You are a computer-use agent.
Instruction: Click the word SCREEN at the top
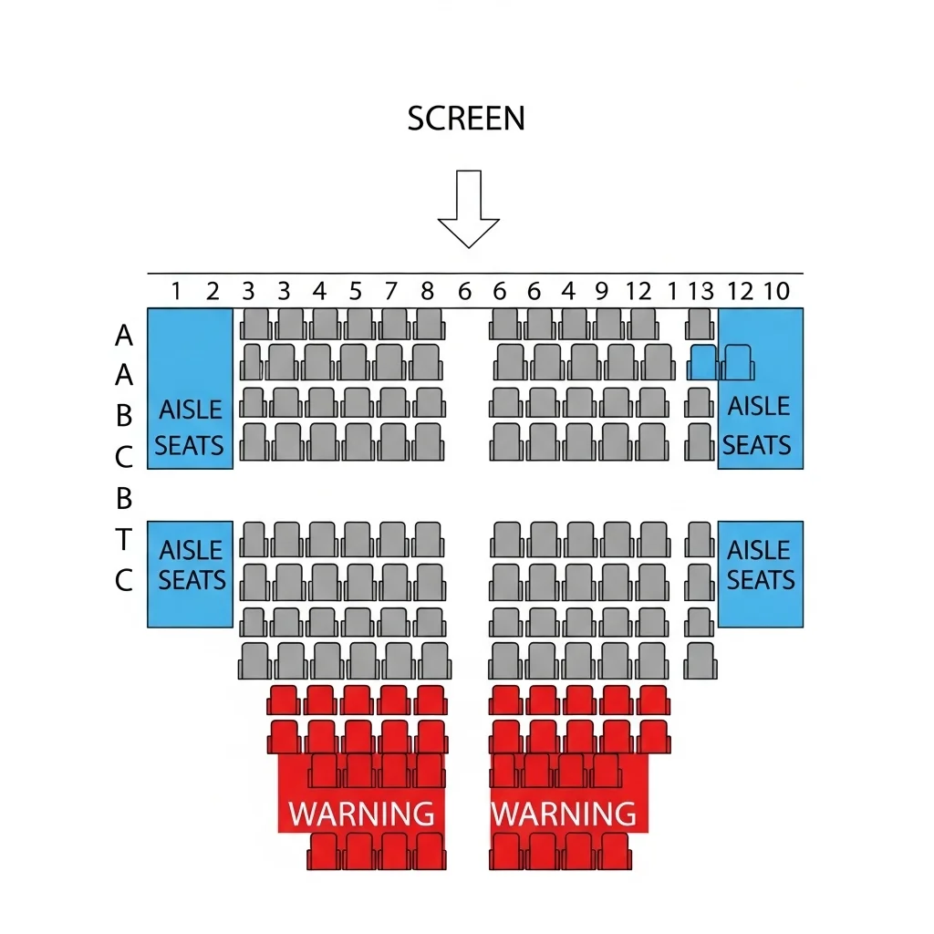click(466, 118)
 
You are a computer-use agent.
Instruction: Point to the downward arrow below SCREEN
click(469, 209)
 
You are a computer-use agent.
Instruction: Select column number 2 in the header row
click(213, 291)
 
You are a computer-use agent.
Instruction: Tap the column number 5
click(356, 291)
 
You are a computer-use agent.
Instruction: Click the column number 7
click(390, 291)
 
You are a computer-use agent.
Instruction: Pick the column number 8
click(427, 291)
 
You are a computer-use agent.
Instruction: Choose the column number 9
click(602, 291)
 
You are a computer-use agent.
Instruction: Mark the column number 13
click(701, 291)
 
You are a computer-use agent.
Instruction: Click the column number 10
click(777, 291)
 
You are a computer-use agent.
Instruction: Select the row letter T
click(123, 539)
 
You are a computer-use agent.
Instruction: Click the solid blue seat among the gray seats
click(703, 362)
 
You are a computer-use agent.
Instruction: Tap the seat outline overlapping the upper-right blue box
click(737, 362)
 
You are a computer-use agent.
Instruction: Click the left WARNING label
click(361, 814)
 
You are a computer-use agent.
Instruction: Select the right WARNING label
click(564, 814)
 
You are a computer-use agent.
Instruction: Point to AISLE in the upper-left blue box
click(191, 410)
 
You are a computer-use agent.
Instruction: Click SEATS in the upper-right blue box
click(756, 445)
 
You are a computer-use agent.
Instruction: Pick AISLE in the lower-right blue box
click(758, 550)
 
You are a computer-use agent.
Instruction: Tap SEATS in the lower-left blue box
click(192, 579)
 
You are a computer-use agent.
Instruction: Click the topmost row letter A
click(124, 336)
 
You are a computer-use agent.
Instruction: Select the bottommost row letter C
click(123, 579)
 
